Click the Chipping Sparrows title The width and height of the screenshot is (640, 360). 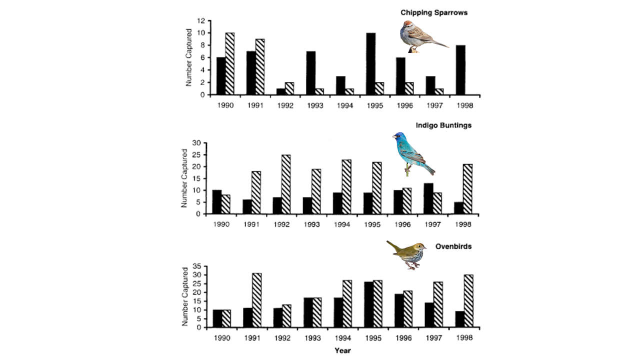(x=434, y=12)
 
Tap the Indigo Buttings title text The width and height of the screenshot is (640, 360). (x=443, y=125)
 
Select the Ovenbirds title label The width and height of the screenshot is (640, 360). (x=453, y=246)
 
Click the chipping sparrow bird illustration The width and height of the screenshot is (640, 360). (x=421, y=36)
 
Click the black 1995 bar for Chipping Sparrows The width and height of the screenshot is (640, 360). (x=370, y=64)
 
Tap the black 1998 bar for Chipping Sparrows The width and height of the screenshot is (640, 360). (x=460, y=70)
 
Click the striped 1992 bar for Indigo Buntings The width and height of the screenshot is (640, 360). (x=286, y=184)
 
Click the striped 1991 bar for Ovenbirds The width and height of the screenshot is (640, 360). (x=256, y=300)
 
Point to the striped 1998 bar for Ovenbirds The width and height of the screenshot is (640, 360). (x=468, y=301)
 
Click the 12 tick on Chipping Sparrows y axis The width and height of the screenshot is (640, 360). (x=201, y=21)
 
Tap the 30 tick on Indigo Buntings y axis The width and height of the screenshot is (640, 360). (x=197, y=143)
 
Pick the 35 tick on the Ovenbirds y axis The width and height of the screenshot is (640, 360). (x=197, y=266)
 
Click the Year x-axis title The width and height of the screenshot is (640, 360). (x=343, y=350)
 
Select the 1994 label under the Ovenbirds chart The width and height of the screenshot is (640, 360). (x=342, y=337)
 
